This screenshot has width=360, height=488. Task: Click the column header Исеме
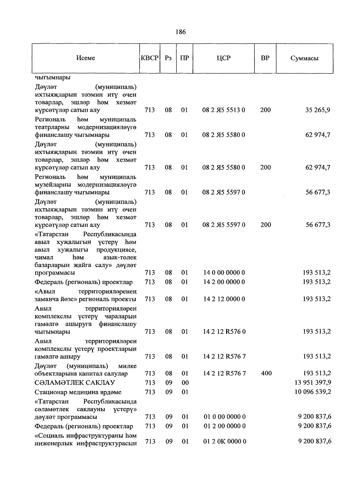[x=85, y=58]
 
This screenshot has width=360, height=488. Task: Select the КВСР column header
[x=149, y=58]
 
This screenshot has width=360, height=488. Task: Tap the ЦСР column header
[x=223, y=58]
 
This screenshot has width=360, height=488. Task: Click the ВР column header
[x=265, y=58]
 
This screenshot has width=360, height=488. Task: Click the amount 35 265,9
[x=318, y=110]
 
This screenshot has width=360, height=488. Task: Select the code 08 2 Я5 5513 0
[x=223, y=110]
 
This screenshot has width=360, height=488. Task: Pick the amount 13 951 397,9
[x=313, y=383]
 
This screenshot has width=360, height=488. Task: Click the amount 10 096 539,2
[x=313, y=392]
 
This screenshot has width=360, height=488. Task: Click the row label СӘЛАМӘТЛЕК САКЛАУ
[x=75, y=383]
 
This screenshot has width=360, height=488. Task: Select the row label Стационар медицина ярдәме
[x=78, y=392]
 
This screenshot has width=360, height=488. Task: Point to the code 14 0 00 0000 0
[x=224, y=273]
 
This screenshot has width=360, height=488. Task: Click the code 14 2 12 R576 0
[x=224, y=332]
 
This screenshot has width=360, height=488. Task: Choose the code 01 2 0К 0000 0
[x=225, y=441]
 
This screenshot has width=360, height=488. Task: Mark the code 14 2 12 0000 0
[x=224, y=299]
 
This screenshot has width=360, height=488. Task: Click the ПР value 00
[x=185, y=383]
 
